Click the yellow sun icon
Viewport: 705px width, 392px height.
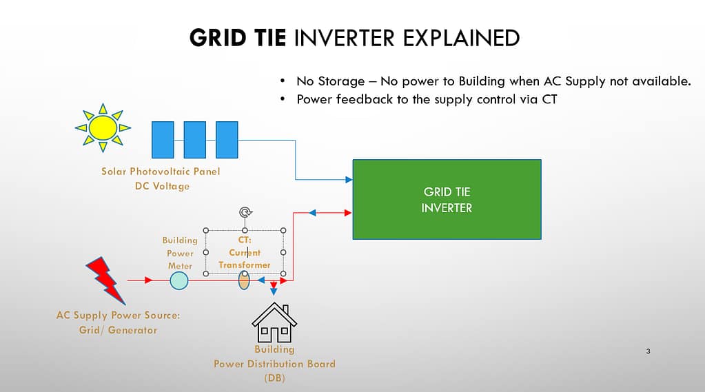click(x=103, y=127)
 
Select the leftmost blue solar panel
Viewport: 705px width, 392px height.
click(x=163, y=140)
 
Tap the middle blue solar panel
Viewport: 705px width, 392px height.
click(x=195, y=140)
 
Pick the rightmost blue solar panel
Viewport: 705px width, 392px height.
click(x=227, y=140)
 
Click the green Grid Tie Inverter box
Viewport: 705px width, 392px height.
click(x=447, y=199)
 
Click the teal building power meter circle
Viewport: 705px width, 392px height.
click(x=179, y=280)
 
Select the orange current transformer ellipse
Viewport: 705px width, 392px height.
click(x=244, y=280)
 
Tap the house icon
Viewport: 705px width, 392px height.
click(x=274, y=324)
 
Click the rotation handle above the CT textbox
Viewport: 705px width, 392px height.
click(x=244, y=213)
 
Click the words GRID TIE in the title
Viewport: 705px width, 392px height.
click(x=237, y=37)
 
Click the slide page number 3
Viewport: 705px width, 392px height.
click(x=648, y=352)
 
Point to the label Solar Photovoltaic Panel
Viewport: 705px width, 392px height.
click(x=161, y=172)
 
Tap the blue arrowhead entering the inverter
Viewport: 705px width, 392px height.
click(x=348, y=180)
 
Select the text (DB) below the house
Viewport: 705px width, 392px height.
click(x=274, y=378)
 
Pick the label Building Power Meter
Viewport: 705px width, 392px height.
click(x=180, y=253)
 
